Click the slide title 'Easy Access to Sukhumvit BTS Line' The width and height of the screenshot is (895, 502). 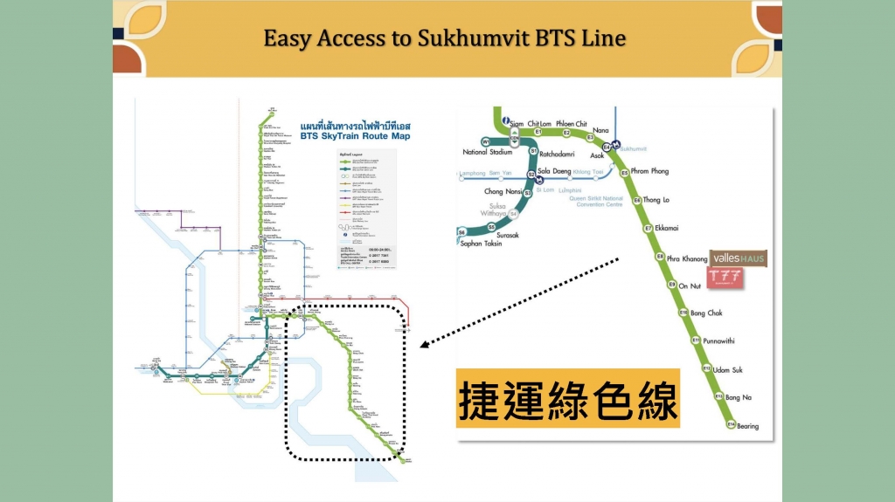click(445, 39)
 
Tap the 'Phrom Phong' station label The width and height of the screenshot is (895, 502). click(649, 172)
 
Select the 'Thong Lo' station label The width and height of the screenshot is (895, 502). click(657, 200)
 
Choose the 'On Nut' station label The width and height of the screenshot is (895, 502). click(690, 285)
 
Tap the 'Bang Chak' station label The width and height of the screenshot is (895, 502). click(706, 313)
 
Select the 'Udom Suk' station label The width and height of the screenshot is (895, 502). click(727, 369)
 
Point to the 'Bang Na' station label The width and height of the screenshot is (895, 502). click(738, 397)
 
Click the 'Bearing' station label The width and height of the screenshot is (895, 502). click(747, 426)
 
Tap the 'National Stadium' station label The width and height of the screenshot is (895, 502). click(487, 152)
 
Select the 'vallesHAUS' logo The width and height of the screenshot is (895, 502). click(739, 259)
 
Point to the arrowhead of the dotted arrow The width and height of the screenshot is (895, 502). click(423, 346)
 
